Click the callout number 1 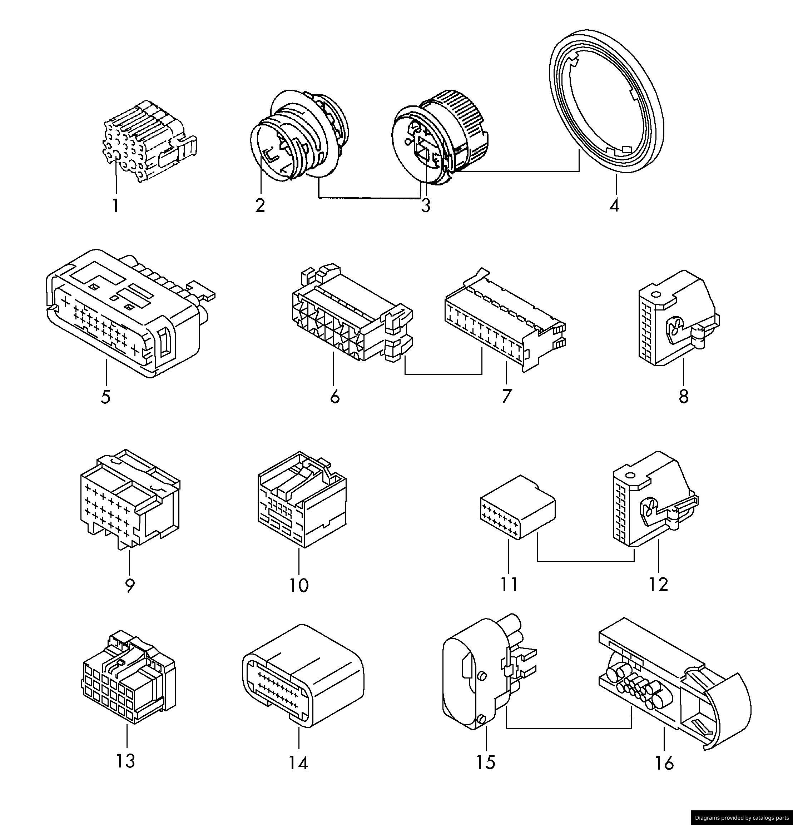point(115,206)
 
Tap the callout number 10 point(299,585)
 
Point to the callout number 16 point(664,763)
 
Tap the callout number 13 point(126,761)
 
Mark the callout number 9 point(130,585)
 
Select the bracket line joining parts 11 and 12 point(585,561)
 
